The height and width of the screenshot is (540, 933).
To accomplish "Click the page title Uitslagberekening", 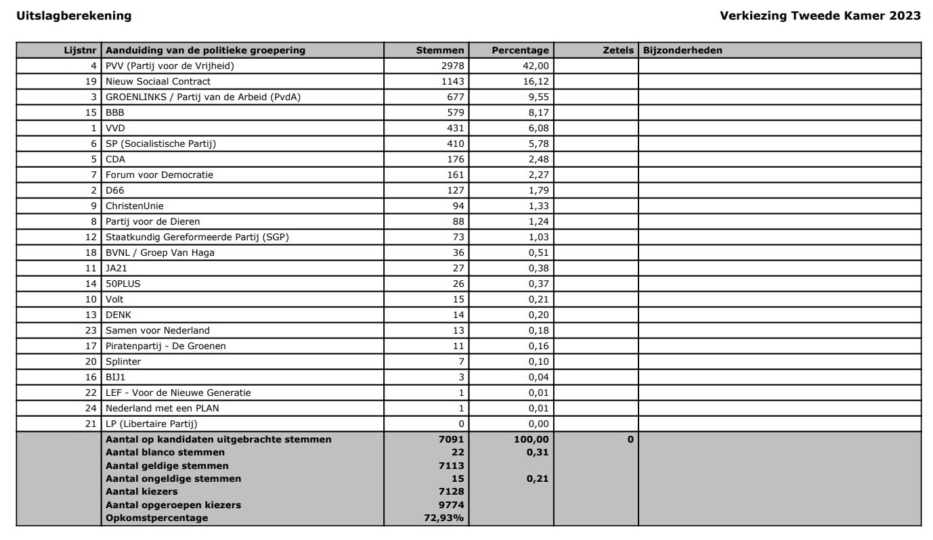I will tap(74, 16).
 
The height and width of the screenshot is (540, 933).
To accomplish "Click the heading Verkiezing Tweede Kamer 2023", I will tap(820, 16).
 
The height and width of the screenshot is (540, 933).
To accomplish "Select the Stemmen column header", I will tap(440, 50).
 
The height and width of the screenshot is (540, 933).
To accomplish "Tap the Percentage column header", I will tap(520, 50).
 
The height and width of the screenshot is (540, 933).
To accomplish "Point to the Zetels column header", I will tap(618, 50).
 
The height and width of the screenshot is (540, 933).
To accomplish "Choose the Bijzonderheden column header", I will tap(682, 50).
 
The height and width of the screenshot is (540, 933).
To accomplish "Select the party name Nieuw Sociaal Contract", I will tap(158, 81).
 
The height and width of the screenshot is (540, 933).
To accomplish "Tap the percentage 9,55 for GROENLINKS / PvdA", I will tap(538, 97).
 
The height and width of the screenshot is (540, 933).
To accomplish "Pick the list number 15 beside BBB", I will tap(91, 112).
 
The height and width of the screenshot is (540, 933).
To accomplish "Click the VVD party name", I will tap(115, 128).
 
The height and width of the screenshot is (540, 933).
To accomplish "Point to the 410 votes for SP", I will tap(455, 143).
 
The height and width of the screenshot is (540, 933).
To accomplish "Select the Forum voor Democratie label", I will tap(159, 175).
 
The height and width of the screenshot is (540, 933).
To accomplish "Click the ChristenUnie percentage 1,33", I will tap(538, 206).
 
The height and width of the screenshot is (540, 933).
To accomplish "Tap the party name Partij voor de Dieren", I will tap(152, 221).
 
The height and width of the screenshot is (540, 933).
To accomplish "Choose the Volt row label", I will tap(114, 299).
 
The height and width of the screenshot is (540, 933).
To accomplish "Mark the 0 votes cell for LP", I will tap(461, 424).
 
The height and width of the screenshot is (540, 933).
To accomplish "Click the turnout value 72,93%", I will tap(444, 518).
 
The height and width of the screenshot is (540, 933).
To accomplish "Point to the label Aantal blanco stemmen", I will tap(165, 452).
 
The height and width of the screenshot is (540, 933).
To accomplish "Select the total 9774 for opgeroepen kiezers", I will tap(451, 505).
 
